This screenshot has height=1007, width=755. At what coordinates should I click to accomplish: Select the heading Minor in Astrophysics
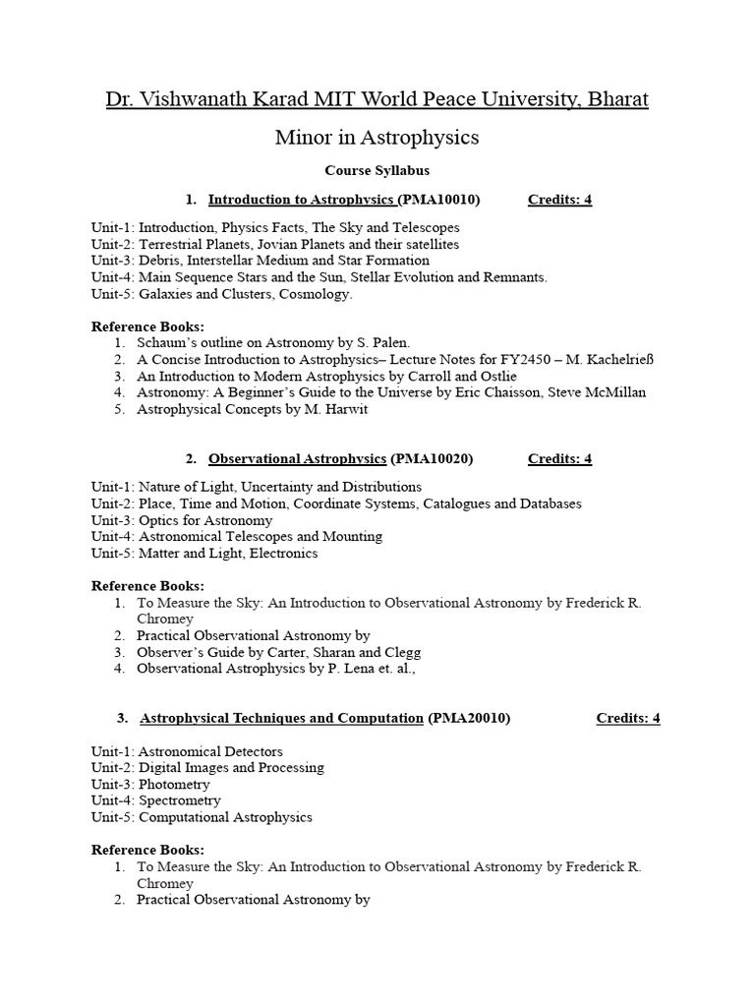(377, 138)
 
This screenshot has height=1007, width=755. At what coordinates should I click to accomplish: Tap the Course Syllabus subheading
(377, 170)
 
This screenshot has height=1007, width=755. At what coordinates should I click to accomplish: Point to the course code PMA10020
(432, 458)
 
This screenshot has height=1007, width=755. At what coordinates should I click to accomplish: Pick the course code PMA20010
(469, 718)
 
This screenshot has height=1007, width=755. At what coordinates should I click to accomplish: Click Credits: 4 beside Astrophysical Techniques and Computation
(628, 718)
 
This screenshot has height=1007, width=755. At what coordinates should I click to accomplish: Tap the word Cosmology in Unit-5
(317, 294)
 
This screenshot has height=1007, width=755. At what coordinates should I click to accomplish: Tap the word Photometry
(174, 784)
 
